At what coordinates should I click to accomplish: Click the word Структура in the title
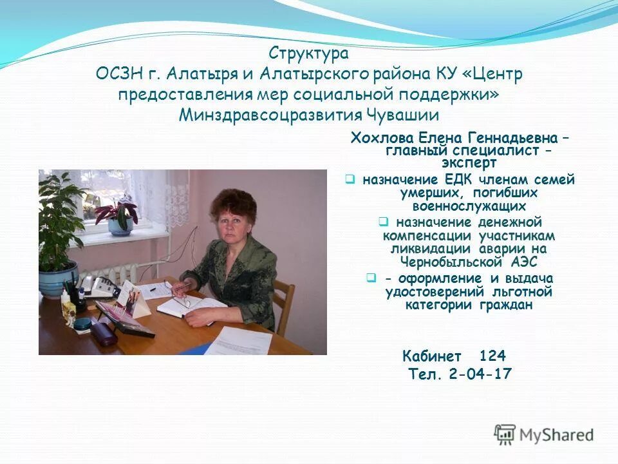pyautogui.click(x=309, y=53)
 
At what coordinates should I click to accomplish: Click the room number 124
pyautogui.click(x=492, y=356)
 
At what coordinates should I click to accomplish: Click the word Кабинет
pyautogui.click(x=432, y=356)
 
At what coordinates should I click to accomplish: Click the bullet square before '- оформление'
pyautogui.click(x=371, y=278)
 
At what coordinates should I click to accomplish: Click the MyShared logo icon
pyautogui.click(x=505, y=434)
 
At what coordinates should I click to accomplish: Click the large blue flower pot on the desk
pyautogui.click(x=58, y=278)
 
